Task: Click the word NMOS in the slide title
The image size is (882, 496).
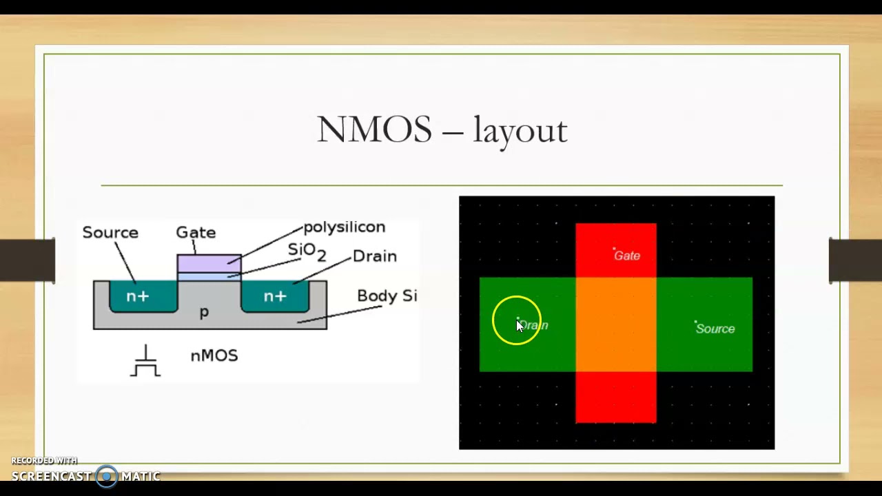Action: [374, 130]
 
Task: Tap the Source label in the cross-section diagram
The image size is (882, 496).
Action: [110, 232]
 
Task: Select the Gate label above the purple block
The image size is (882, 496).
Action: [196, 232]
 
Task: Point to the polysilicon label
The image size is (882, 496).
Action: [344, 227]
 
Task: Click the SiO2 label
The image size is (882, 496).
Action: [306, 251]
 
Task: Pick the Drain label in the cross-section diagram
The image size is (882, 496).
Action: [374, 256]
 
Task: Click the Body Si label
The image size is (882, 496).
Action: [387, 296]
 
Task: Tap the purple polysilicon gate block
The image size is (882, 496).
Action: [209, 263]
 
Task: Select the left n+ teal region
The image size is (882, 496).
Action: [138, 296]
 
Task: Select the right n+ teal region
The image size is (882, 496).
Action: [275, 296]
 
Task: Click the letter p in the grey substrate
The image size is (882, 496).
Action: [204, 313]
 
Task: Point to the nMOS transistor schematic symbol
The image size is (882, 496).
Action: [145, 362]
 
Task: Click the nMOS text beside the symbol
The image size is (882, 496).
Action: [214, 355]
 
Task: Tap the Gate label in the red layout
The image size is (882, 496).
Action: [626, 256]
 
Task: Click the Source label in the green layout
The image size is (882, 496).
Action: [715, 329]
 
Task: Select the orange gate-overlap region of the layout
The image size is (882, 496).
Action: [616, 324]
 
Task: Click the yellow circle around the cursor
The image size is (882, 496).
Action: [517, 320]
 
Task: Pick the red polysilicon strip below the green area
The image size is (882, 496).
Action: [616, 397]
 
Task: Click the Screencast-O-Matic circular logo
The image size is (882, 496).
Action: [106, 476]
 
